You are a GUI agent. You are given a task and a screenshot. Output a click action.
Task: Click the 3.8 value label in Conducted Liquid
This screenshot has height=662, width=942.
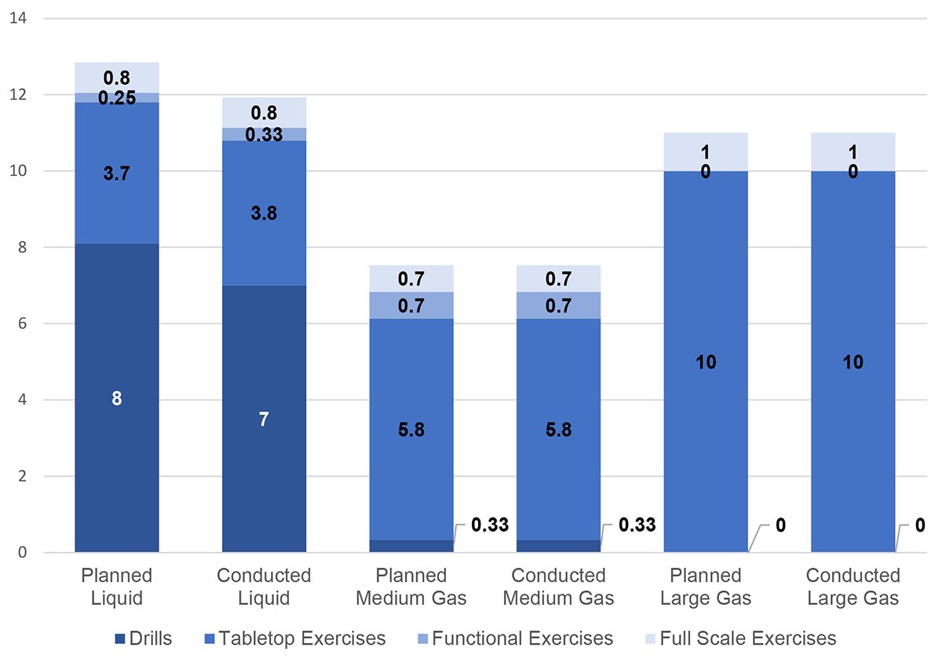[x=264, y=213]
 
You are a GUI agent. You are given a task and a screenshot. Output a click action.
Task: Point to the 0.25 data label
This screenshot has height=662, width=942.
[x=116, y=98]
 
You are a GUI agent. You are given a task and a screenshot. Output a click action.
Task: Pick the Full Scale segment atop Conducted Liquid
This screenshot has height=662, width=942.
[x=264, y=112]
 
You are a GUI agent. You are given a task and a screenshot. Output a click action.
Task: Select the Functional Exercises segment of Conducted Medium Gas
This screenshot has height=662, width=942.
[x=558, y=305]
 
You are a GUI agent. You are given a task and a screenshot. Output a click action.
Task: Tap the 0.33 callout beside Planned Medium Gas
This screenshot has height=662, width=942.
[x=489, y=525]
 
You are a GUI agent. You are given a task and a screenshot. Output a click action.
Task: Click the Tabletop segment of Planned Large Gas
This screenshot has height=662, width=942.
[x=706, y=361]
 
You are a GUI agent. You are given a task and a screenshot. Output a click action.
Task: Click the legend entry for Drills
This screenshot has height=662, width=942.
[x=142, y=638]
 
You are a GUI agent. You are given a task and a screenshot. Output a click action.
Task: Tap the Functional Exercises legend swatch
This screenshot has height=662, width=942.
[x=421, y=638]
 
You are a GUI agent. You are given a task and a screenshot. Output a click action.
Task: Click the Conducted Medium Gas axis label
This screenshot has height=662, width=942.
[x=558, y=587]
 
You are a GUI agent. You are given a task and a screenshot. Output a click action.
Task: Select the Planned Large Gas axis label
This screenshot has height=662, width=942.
[x=706, y=587]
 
